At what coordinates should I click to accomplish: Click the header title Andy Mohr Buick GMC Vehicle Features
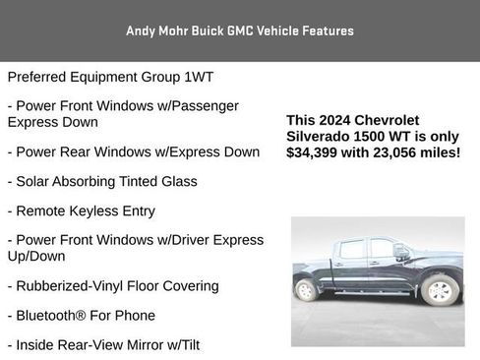pos(240,30)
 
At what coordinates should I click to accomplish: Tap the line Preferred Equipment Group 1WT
pos(110,76)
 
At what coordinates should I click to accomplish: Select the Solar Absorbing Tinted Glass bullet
pos(101,181)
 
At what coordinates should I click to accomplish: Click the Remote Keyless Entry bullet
pos(81,210)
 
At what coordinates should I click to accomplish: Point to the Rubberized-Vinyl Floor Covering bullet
pos(112,285)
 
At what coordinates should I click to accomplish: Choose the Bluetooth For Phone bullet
pos(81,315)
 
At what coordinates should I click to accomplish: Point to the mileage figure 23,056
pos(398,152)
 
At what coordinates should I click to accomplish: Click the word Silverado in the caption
pos(322,137)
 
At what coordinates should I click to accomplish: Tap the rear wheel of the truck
pos(306,290)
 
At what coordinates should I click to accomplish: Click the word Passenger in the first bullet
pos(202,105)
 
